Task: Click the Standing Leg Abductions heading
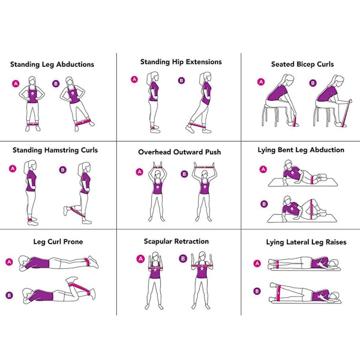52,64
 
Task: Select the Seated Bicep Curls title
302,64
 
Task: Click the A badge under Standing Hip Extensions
134,79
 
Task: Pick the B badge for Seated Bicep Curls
313,83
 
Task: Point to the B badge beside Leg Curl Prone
9,295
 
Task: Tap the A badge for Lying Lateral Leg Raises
257,263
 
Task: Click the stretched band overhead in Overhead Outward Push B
204,167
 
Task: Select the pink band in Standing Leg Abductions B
83,122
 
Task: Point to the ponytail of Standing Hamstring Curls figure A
26,167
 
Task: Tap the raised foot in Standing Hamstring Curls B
65,211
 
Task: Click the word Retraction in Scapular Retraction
192,241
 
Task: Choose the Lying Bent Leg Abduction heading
301,150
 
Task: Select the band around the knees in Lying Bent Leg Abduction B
311,209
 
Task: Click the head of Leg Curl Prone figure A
24,262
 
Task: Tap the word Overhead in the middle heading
155,152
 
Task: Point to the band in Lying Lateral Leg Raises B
279,293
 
